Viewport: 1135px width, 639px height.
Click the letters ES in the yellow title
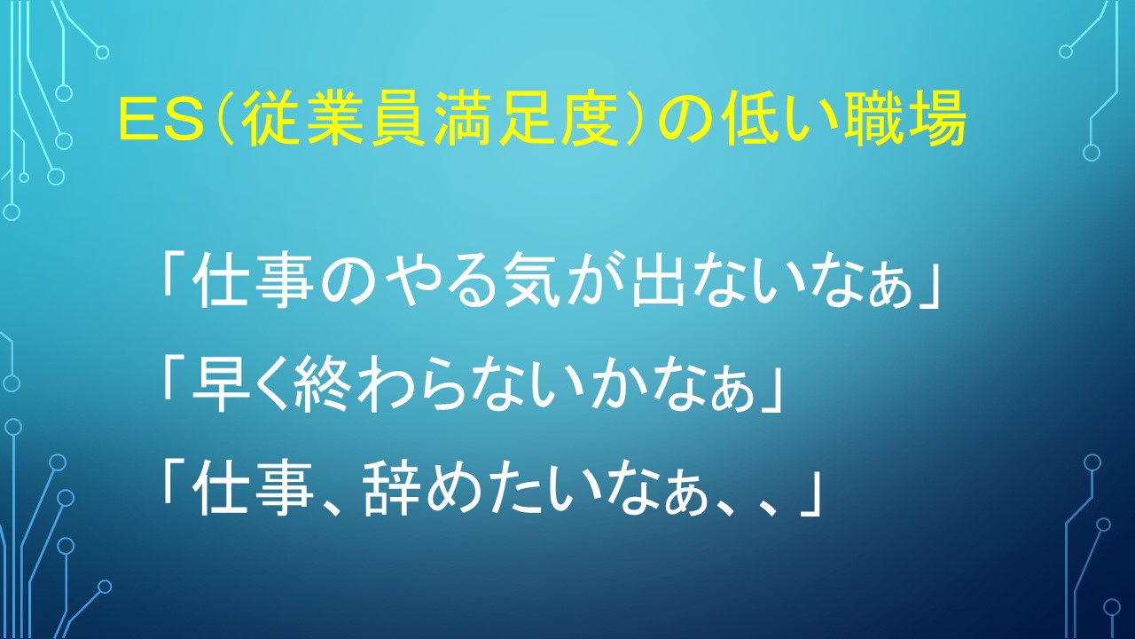161,122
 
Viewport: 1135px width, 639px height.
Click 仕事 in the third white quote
254,488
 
